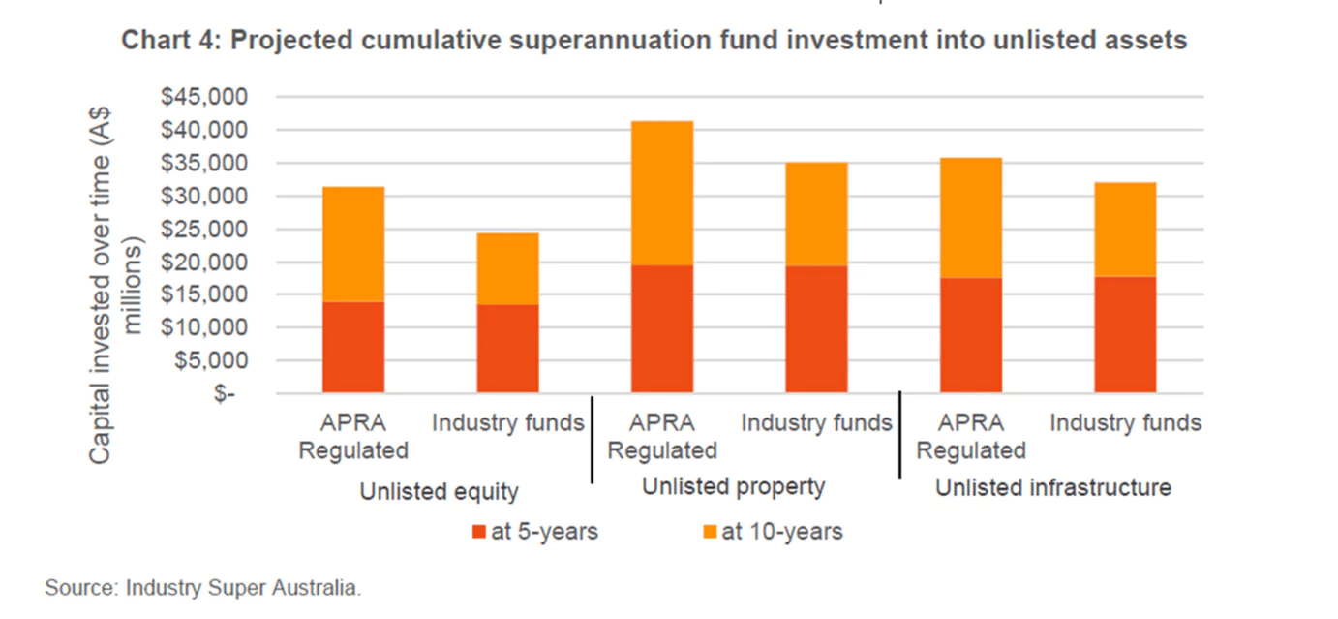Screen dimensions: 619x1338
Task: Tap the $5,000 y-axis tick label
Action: point(213,361)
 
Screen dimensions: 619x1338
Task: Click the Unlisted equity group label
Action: point(439,491)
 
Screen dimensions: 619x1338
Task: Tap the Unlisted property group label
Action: point(733,486)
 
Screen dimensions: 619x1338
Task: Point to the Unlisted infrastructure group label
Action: point(1052,487)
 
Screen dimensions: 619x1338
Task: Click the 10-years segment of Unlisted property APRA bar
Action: point(662,193)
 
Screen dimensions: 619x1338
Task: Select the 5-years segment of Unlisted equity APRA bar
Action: point(353,347)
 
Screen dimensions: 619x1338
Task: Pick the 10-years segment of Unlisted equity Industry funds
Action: point(508,268)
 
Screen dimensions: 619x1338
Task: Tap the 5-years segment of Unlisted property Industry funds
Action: point(816,328)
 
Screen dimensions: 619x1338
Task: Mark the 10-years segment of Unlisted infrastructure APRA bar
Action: point(971,217)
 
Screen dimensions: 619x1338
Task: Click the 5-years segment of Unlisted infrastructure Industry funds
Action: point(1125,334)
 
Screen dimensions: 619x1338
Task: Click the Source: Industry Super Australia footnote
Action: point(202,588)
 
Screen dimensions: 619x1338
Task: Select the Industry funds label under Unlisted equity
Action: point(508,423)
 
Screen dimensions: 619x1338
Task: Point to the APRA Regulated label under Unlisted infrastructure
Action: point(971,437)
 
